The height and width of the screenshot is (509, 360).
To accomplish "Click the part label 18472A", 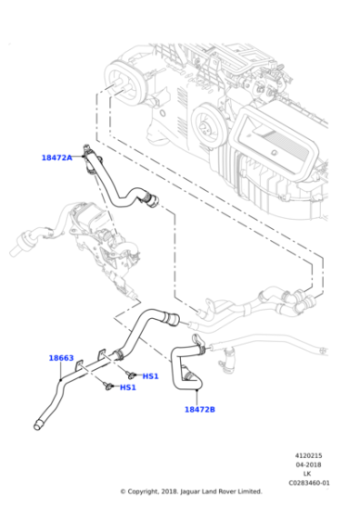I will click(x=56, y=157).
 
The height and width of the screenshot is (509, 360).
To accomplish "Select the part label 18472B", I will click(x=200, y=409).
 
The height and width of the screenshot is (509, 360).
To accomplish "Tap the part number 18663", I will click(x=61, y=358).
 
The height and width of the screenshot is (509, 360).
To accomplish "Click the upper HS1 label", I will click(x=150, y=375).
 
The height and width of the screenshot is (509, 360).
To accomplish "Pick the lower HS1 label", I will click(x=128, y=387).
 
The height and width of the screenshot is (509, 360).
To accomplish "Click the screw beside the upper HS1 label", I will click(x=132, y=374).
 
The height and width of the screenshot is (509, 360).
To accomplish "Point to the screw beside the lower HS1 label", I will click(x=109, y=386).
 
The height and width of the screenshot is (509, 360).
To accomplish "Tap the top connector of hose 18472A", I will click(x=87, y=146).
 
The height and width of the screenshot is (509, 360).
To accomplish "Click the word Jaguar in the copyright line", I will click(x=188, y=492).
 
